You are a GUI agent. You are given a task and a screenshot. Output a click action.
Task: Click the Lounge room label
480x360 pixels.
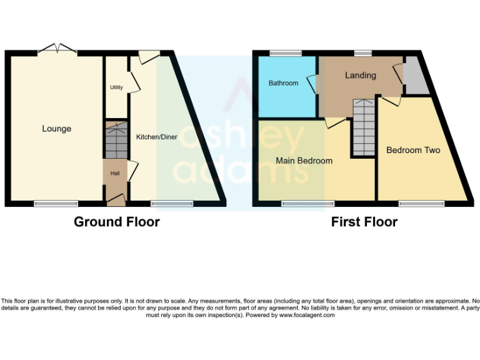point(56,129)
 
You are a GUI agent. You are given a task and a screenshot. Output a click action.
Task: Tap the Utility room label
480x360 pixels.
point(116,87)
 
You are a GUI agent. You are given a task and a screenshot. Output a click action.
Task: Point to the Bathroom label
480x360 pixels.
point(283,82)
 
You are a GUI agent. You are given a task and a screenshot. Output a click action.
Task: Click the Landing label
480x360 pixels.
point(361,75)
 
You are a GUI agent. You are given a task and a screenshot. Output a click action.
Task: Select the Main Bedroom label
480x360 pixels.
point(304,161)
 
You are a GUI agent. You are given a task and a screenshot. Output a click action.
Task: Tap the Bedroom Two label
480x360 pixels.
point(413,150)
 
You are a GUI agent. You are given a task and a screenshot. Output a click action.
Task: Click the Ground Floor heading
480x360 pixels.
point(117,222)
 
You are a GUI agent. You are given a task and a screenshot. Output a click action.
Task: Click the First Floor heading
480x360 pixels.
point(364,222)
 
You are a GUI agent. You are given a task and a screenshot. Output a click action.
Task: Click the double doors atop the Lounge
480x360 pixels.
point(57,49)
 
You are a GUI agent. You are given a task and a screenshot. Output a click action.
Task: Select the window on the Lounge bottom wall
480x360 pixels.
point(56,202)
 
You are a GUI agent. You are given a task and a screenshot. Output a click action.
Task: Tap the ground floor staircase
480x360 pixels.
point(115,141)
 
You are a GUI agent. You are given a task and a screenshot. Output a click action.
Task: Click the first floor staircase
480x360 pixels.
point(362,128)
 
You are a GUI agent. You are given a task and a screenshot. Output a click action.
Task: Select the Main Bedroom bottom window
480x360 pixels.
point(307,202)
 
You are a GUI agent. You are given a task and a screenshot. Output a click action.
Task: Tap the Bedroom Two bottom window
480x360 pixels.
point(421,202)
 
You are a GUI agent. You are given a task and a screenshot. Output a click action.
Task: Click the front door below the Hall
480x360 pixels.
point(115,200)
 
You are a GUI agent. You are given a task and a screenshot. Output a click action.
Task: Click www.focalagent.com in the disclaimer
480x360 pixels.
point(306,315)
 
